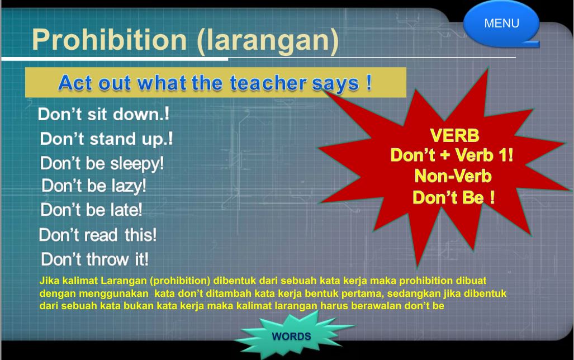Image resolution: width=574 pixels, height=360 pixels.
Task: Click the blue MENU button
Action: [x=501, y=23]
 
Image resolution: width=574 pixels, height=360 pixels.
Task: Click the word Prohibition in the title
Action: [x=110, y=40]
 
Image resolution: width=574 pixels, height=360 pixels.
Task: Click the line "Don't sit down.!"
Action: [x=103, y=114]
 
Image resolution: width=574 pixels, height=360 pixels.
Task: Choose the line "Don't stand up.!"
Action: [x=106, y=139]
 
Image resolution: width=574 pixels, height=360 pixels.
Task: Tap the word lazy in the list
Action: [x=129, y=186]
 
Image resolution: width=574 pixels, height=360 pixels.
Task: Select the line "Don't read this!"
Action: [x=98, y=235]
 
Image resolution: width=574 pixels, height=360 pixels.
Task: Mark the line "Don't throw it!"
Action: [x=95, y=259]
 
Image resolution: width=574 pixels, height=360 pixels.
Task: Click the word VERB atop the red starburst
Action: [x=454, y=135]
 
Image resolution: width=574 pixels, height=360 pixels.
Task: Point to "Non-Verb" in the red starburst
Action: [x=453, y=176]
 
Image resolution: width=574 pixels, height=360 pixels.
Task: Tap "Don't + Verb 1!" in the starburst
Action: [x=452, y=155]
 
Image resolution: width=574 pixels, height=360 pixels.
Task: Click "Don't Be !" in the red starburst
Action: [x=454, y=198]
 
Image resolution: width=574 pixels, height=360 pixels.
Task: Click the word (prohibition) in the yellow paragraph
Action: [x=180, y=281]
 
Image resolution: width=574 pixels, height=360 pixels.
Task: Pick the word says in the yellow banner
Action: [x=335, y=83]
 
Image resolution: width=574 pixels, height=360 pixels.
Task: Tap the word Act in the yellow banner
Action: [x=75, y=82]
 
